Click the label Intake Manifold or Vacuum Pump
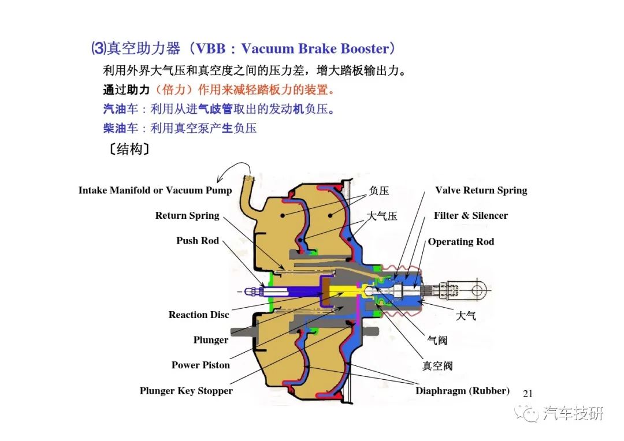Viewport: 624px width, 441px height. pyautogui.click(x=155, y=190)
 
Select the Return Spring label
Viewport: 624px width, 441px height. pyautogui.click(x=187, y=215)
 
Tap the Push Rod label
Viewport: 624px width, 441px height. pyautogui.click(x=198, y=241)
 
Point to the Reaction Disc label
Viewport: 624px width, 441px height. pyautogui.click(x=199, y=315)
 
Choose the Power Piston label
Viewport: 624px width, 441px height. pyautogui.click(x=200, y=365)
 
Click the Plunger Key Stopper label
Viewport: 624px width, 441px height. pyautogui.click(x=186, y=391)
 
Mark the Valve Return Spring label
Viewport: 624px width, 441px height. pyautogui.click(x=481, y=190)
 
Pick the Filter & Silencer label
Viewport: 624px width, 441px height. pyautogui.click(x=471, y=215)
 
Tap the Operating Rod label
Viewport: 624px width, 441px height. pyautogui.click(x=461, y=242)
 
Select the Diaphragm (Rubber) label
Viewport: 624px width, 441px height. pyautogui.click(x=462, y=391)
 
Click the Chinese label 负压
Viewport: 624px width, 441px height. pyautogui.click(x=379, y=191)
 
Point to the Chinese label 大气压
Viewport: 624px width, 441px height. pyautogui.click(x=382, y=216)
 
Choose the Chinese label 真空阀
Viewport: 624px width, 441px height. pyautogui.click(x=437, y=366)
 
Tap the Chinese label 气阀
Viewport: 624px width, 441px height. pyautogui.click(x=437, y=341)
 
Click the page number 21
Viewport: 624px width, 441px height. pyautogui.click(x=528, y=394)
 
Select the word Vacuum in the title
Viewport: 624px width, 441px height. pyautogui.click(x=268, y=48)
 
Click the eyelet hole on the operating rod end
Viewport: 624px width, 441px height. pyautogui.click(x=478, y=290)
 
